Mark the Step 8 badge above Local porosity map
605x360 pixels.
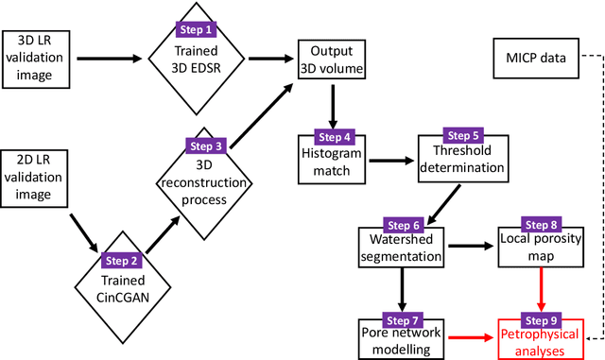pyautogui.click(x=540, y=223)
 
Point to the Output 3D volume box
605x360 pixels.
pyautogui.click(x=332, y=59)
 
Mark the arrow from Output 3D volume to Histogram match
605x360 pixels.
pyautogui.click(x=332, y=105)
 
